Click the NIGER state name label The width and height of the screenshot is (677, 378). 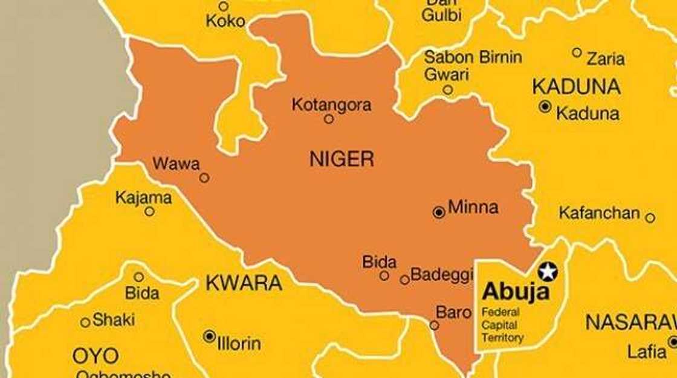(x=342, y=159)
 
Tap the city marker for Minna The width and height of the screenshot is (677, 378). (x=439, y=212)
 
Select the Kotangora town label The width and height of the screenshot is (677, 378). (x=331, y=104)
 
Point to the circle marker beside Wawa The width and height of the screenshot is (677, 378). (x=204, y=178)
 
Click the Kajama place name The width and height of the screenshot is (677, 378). (x=143, y=197)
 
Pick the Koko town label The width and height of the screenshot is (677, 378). (x=225, y=21)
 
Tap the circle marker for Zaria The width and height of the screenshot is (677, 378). (x=577, y=53)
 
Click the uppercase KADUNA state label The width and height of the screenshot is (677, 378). (x=576, y=87)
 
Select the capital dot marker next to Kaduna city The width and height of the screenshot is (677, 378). (x=545, y=107)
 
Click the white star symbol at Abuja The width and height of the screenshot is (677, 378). (x=548, y=272)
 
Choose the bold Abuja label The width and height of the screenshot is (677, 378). (x=516, y=293)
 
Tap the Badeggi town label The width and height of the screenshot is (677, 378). (x=441, y=275)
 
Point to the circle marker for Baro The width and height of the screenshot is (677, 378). (x=434, y=325)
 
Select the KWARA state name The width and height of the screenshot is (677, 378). (x=244, y=283)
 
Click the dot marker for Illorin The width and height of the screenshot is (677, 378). (x=209, y=336)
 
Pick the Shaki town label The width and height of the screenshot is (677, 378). (x=114, y=320)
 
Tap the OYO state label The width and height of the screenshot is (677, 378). (x=96, y=356)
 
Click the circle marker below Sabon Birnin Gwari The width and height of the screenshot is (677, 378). (x=447, y=90)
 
